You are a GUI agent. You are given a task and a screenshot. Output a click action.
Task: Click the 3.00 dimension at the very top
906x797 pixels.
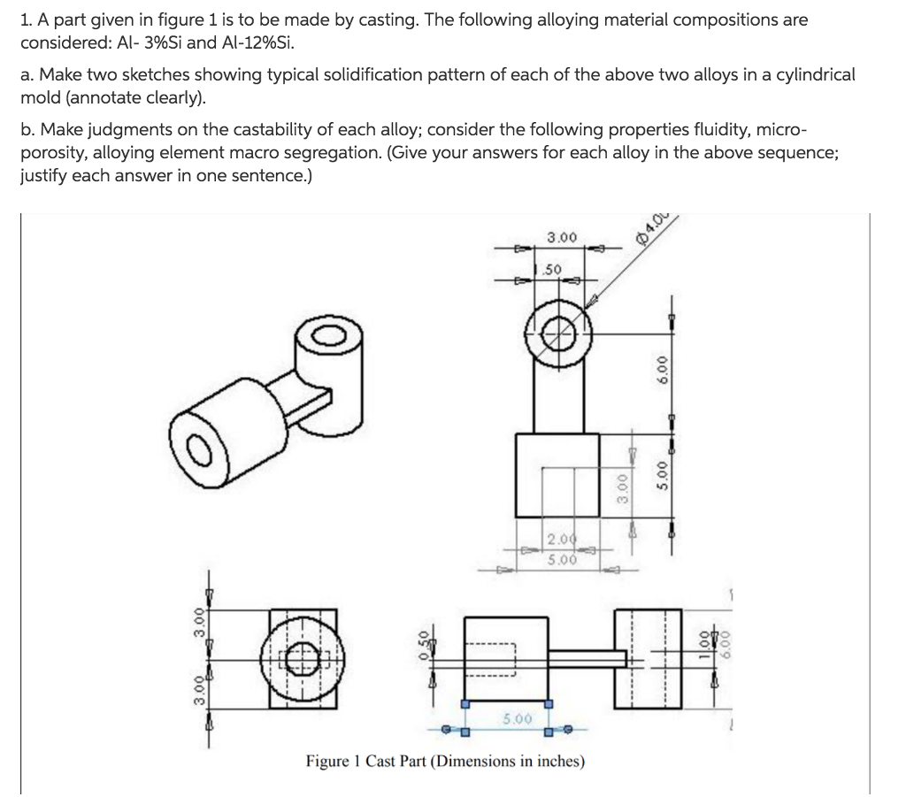point(562,238)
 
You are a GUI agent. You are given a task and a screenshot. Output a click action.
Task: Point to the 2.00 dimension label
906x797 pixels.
point(561,540)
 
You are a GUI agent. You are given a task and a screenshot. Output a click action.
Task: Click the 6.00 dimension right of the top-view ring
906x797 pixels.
point(656,363)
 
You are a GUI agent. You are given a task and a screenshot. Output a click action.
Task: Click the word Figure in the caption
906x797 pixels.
point(326,761)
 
